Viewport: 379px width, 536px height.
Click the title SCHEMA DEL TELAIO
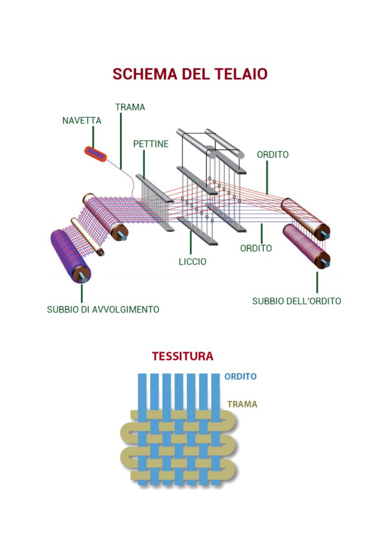coord(190,74)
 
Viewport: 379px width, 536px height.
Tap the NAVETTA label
coord(82,121)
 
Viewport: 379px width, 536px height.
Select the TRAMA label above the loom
coord(130,107)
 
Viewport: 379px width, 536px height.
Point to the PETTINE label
coord(151,144)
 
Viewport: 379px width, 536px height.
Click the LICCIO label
coord(193,262)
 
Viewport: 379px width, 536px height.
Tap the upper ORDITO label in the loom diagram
coord(273,155)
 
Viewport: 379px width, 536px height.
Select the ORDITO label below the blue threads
coord(256,248)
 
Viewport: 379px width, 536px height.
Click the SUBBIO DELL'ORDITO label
coord(296,301)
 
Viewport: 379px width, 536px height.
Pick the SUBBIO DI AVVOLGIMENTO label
coord(103,310)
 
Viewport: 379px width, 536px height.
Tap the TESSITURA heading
coord(183,356)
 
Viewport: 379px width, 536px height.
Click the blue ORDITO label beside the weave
coord(241,376)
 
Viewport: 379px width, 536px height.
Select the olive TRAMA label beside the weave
coord(242,404)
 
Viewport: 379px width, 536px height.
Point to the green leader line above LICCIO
coord(191,243)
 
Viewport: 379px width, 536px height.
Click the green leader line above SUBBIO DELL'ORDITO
coord(317,282)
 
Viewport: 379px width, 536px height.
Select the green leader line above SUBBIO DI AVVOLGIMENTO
coord(82,293)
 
